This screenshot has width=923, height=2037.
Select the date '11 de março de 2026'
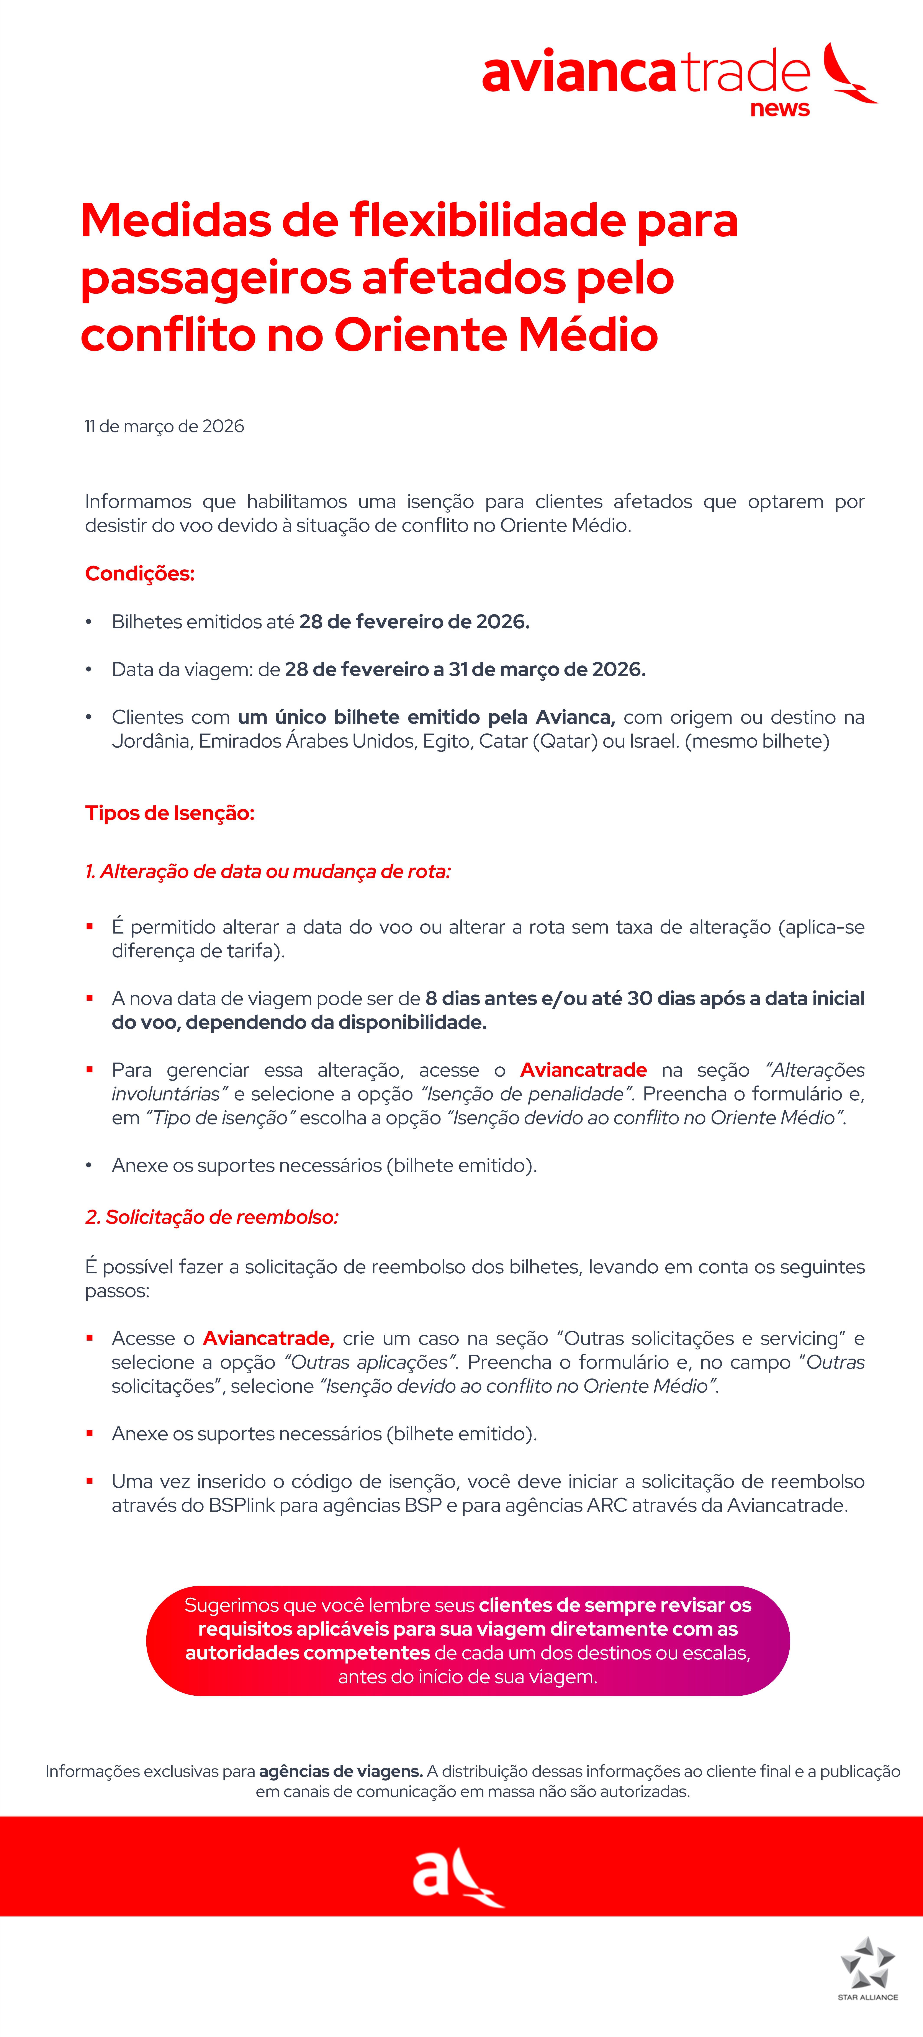click(x=165, y=426)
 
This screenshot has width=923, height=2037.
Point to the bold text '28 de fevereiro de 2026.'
click(x=414, y=622)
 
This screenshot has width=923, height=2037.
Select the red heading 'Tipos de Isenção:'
click(x=169, y=813)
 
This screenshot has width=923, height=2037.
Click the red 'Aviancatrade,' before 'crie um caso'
click(x=268, y=1338)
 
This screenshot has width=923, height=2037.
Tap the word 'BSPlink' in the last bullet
click(x=241, y=1505)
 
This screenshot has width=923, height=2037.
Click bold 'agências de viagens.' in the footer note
click(x=340, y=1771)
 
